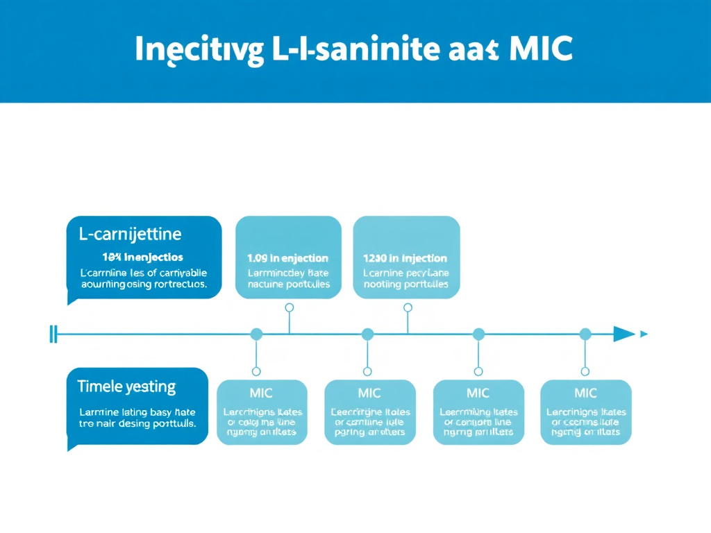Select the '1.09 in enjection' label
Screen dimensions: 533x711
coord(288,257)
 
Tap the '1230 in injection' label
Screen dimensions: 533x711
coord(406,257)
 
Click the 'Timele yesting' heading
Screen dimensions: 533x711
coord(126,386)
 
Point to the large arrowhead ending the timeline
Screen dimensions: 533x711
coord(624,334)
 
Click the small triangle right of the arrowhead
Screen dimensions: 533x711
coord(644,334)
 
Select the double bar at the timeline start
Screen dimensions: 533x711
coord(53,334)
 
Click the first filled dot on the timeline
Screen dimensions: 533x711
coord(256,335)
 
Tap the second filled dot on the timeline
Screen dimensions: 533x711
coord(367,335)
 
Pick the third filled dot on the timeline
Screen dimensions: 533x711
coord(478,335)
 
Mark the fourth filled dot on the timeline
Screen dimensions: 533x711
coord(585,335)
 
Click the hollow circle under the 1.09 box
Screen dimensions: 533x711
coord(290,307)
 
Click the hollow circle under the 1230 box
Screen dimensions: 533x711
coord(408,307)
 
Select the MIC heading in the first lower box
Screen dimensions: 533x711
coord(261,394)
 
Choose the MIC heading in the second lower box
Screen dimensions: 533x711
coord(369,394)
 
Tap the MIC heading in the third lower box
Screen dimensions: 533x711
coord(478,394)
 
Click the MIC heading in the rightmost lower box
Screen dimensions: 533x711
coord(585,394)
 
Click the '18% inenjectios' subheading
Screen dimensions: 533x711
coord(142,257)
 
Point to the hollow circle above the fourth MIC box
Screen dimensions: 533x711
coord(585,371)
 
